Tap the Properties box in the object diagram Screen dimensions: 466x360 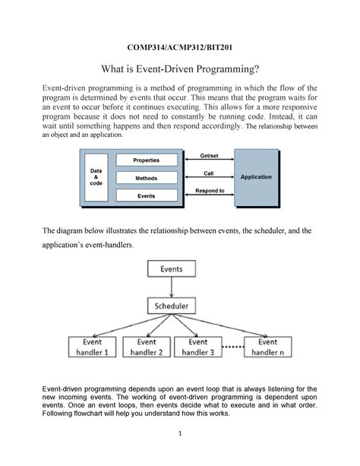[147, 160]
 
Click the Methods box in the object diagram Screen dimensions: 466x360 [147, 178]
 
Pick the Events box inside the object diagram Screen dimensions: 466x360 [147, 195]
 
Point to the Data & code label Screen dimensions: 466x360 [96, 177]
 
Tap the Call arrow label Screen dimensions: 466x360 [208, 173]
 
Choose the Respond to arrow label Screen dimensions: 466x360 [208, 191]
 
